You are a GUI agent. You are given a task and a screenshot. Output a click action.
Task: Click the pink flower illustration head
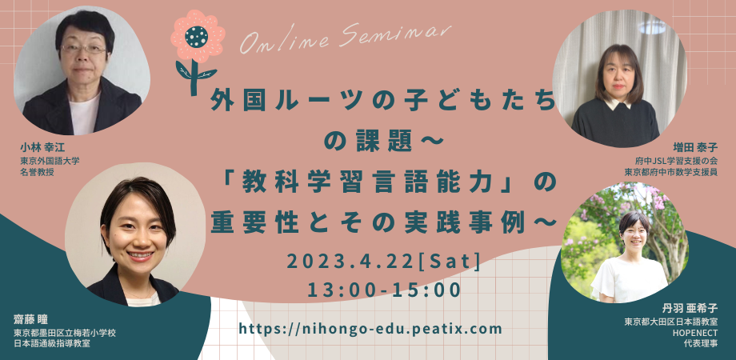pos(198,36)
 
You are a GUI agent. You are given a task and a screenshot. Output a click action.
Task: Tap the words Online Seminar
pos(346,38)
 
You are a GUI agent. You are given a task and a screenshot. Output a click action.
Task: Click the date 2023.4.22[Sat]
pos(383,262)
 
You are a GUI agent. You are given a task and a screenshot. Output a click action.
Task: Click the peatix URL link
pos(371,329)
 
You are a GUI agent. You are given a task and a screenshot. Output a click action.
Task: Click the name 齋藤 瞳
pos(31,321)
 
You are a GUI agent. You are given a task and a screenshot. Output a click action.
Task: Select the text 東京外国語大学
pos(50,161)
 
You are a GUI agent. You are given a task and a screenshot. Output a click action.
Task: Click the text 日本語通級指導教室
pos(52,344)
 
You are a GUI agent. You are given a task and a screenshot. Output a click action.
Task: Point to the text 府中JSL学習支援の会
pos(674,161)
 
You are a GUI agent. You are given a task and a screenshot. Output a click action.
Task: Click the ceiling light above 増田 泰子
pos(652,26)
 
